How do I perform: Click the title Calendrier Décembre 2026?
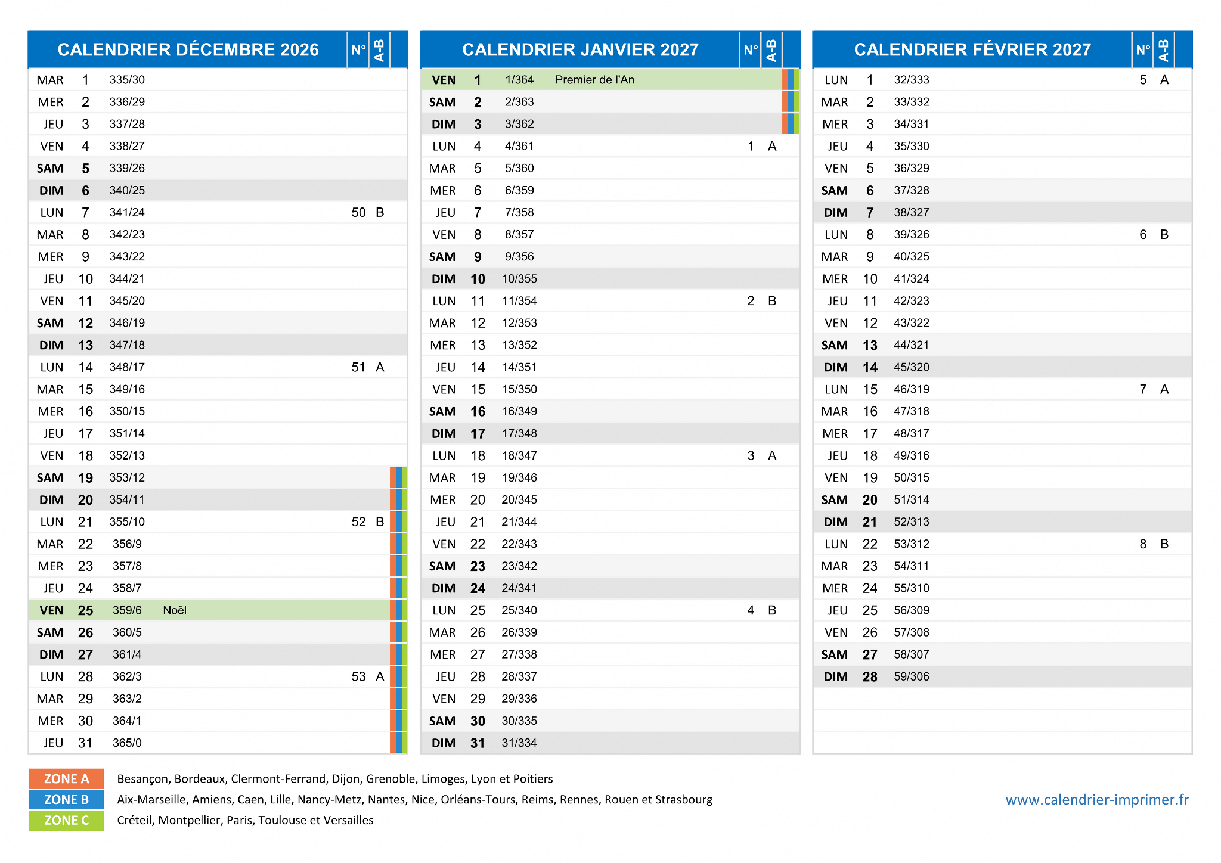(188, 49)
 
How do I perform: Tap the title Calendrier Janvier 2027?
(580, 49)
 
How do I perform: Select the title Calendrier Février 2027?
(972, 49)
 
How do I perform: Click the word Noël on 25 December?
(175, 610)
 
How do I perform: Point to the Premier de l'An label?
(594, 80)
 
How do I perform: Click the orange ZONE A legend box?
(66, 779)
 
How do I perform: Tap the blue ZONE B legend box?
(66, 800)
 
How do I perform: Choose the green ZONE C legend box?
(66, 821)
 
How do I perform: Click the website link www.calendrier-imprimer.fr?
(1097, 800)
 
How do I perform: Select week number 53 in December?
(358, 676)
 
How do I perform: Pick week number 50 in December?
(358, 213)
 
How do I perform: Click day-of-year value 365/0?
(127, 743)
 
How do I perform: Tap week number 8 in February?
(1143, 544)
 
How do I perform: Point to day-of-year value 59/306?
(912, 676)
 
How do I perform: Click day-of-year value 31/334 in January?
(519, 743)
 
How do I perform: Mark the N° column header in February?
(1143, 50)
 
